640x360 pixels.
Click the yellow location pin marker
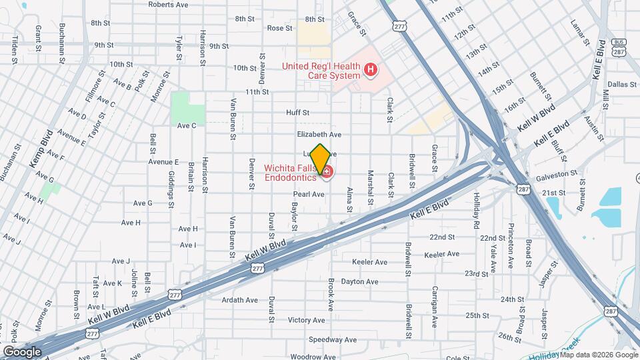320,159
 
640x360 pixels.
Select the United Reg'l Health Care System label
321,70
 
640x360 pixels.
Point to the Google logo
23,351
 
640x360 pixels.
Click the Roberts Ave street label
168,4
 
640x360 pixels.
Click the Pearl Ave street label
309,194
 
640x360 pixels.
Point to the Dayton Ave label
359,281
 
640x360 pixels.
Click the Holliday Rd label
476,211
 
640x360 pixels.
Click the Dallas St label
623,84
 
